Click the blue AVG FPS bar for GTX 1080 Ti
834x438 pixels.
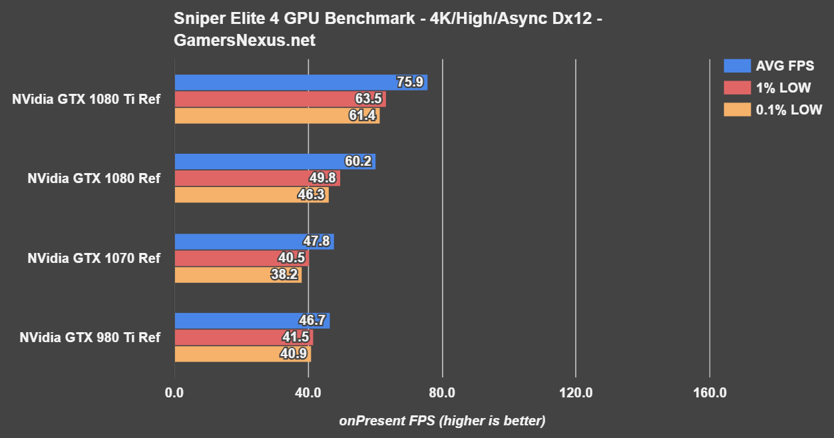300,83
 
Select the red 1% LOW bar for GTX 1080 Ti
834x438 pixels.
280,99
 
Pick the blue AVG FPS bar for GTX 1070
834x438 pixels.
254,242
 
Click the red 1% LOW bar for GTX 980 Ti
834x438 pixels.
243,337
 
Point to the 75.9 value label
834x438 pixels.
410,83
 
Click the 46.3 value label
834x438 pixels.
311,195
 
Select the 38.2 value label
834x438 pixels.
284,274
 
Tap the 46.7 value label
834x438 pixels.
312,321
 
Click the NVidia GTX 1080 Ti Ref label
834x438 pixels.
86,99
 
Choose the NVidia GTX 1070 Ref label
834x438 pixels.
94,258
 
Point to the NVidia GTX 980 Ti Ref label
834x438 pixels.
90,337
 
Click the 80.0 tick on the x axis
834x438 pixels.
442,393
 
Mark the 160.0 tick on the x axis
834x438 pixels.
710,393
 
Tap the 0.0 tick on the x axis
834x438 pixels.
174,393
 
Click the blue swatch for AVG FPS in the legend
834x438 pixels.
735,66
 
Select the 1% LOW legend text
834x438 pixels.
783,88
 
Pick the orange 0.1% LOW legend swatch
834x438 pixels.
735,110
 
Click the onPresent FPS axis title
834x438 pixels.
442,421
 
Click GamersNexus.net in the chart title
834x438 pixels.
244,41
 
